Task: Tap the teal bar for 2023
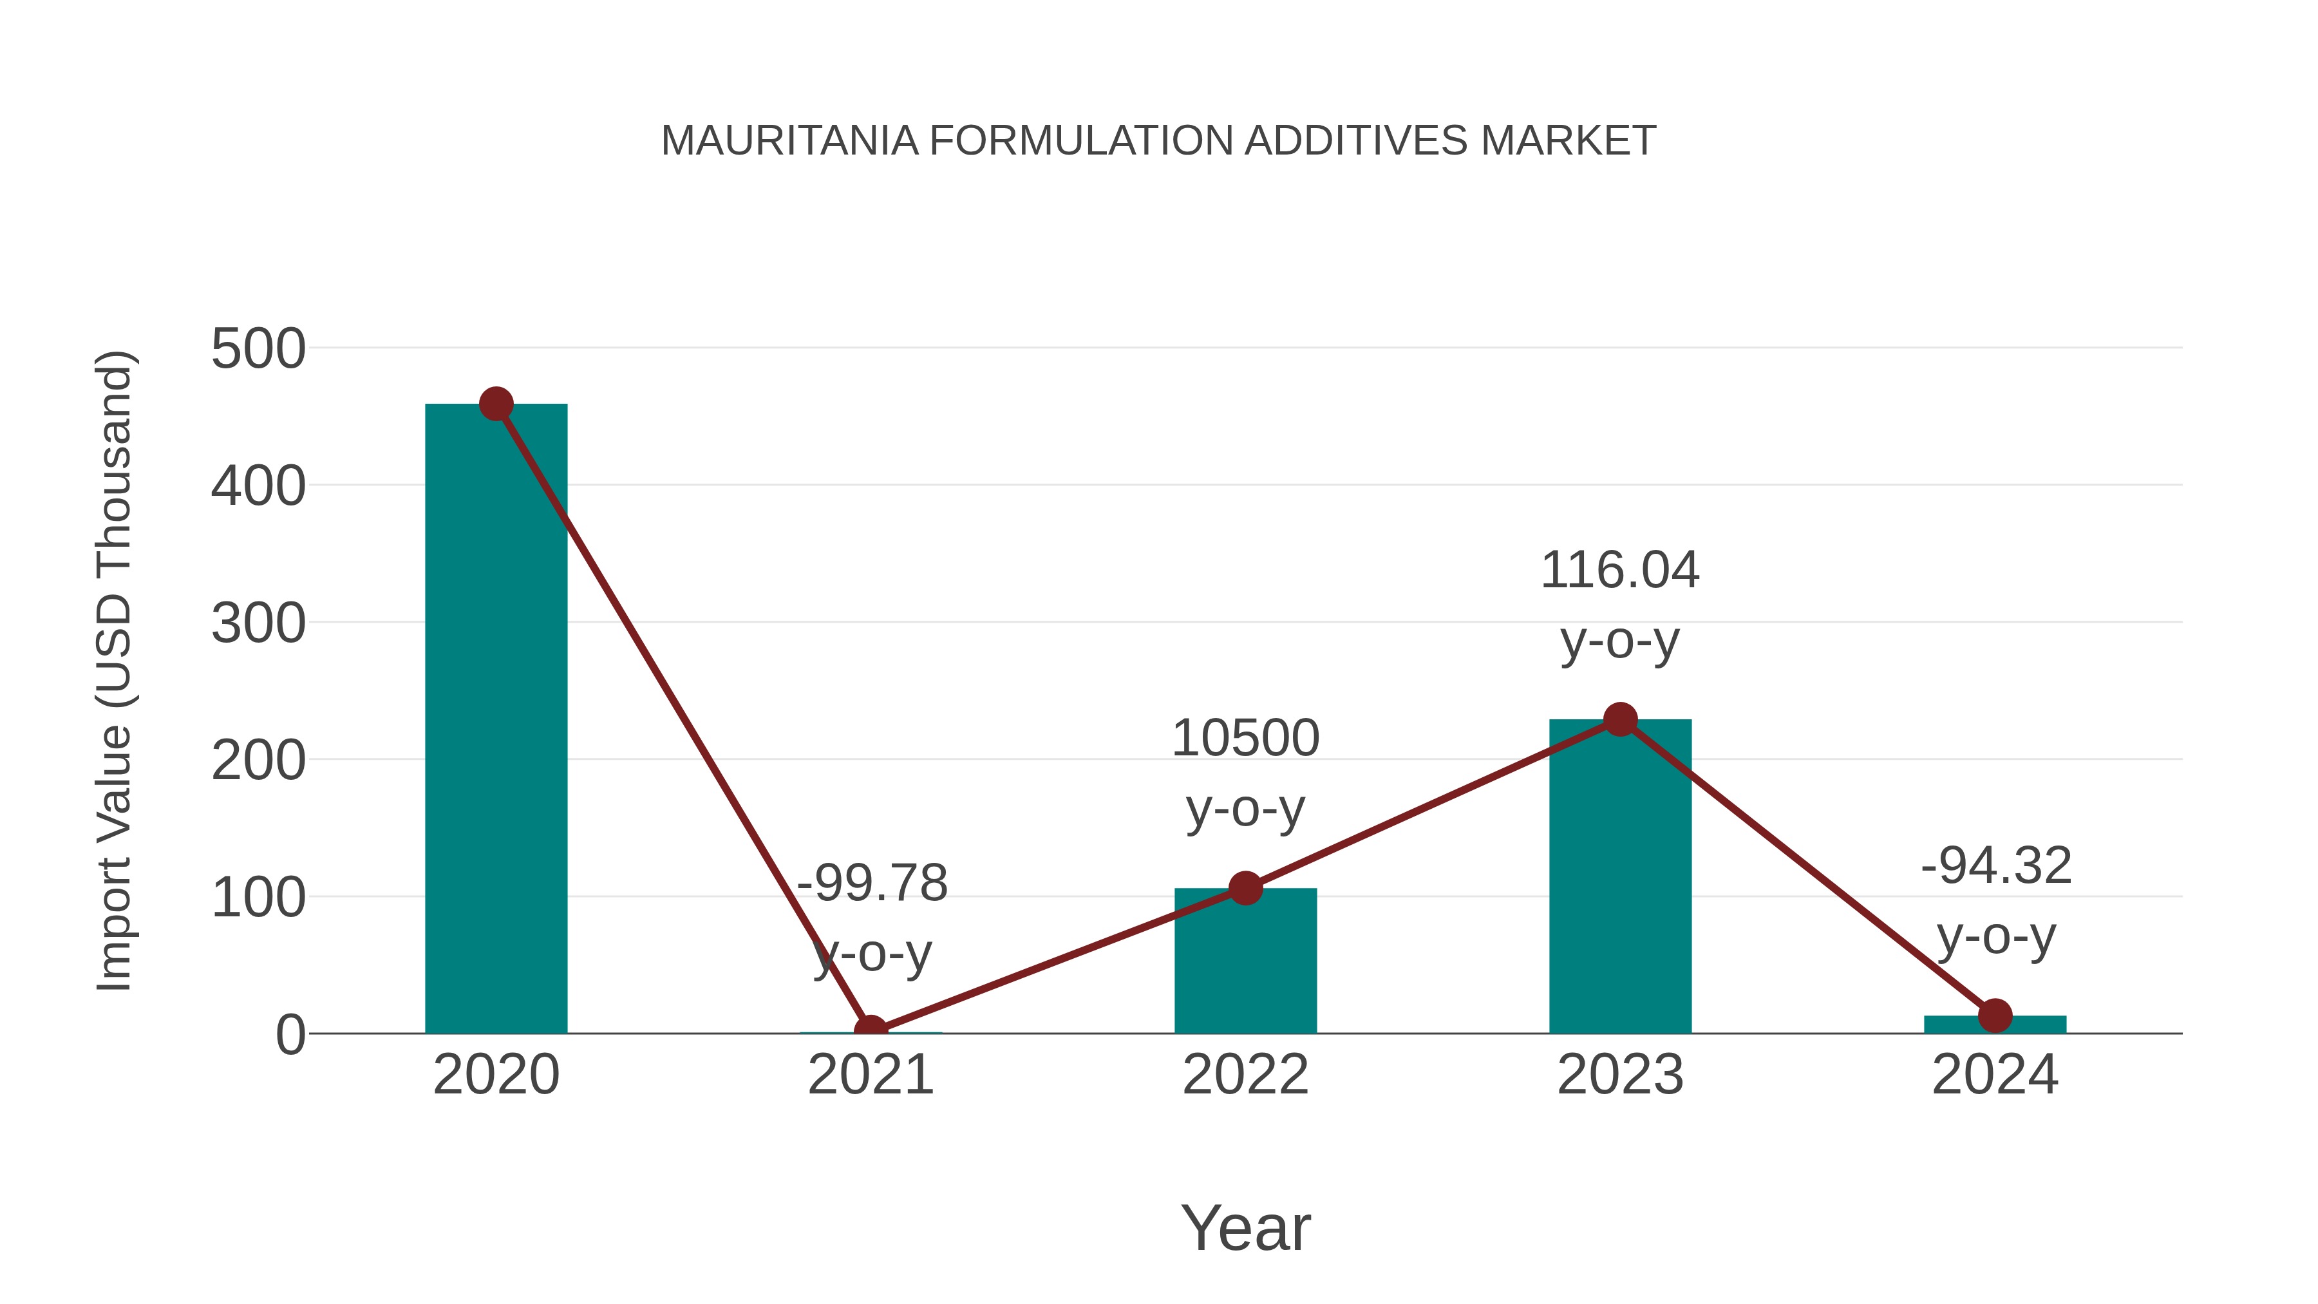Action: (x=1620, y=882)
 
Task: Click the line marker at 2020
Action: (x=496, y=404)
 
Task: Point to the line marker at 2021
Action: (x=870, y=1030)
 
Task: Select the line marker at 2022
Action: (x=1245, y=888)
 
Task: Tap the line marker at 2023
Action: (x=1620, y=719)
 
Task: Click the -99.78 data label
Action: (x=872, y=883)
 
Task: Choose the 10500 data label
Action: (x=1245, y=739)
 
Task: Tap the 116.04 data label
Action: (x=1620, y=571)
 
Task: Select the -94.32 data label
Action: (x=1996, y=867)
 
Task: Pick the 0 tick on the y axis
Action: (x=290, y=1035)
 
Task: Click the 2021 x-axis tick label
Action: (x=870, y=1075)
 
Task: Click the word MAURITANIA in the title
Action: (x=789, y=141)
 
